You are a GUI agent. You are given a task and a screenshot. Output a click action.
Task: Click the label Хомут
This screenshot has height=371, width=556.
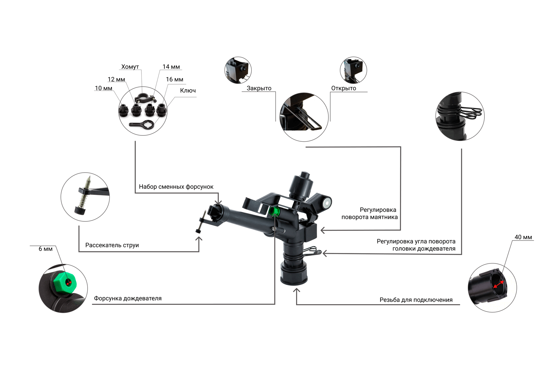(x=130, y=66)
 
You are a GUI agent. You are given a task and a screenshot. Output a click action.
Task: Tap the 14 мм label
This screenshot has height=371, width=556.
(x=171, y=66)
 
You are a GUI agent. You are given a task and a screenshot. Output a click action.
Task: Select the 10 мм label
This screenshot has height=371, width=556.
(x=104, y=88)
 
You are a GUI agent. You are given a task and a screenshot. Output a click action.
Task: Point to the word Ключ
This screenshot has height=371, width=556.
(x=188, y=90)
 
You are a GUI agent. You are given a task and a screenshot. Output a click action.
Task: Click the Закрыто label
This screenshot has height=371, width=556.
(x=259, y=88)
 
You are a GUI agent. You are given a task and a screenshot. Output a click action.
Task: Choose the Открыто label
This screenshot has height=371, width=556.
(x=344, y=88)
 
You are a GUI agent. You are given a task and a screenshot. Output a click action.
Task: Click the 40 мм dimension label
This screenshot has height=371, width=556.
(x=523, y=237)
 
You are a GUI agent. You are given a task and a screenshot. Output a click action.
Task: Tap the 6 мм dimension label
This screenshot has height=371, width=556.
(x=46, y=249)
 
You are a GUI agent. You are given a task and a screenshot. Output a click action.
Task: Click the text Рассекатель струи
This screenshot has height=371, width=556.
(x=112, y=245)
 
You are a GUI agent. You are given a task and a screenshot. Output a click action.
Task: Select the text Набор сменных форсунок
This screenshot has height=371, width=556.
(x=176, y=187)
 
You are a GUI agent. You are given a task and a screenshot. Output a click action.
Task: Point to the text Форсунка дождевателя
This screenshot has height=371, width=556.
(x=128, y=298)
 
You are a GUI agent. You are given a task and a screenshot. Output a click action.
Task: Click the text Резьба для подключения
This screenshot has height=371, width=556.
(x=416, y=300)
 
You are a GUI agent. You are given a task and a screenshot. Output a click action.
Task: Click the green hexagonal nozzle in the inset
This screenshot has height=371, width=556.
(x=65, y=283)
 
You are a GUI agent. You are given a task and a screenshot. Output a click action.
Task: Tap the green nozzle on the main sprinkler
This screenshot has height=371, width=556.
(x=274, y=212)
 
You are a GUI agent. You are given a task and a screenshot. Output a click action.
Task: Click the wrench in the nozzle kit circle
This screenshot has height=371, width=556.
(x=142, y=124)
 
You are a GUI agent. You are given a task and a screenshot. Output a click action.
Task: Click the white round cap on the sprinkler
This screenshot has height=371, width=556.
(x=327, y=204)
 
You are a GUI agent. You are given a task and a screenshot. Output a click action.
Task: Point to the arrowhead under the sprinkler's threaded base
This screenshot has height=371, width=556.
(x=296, y=291)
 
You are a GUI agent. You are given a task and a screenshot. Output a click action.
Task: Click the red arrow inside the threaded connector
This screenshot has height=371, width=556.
(x=498, y=284)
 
